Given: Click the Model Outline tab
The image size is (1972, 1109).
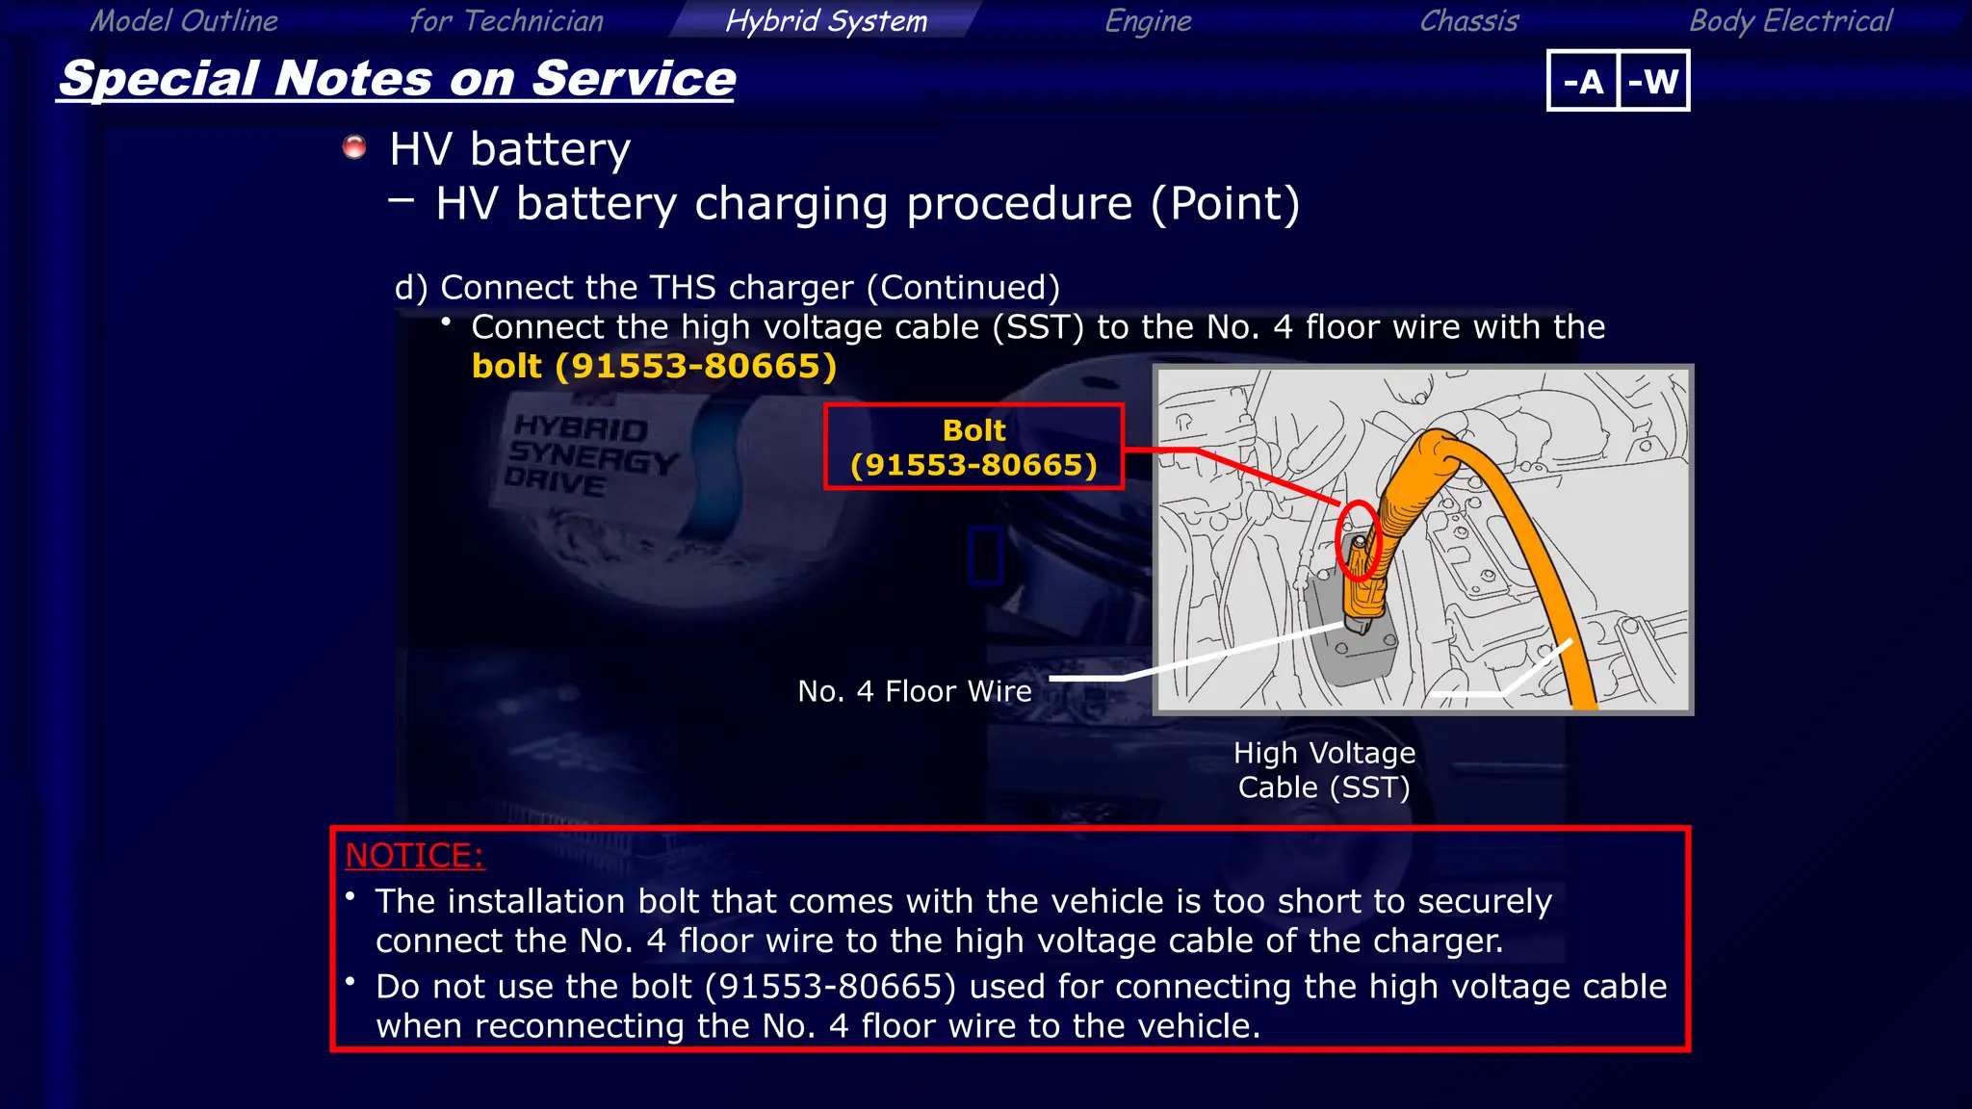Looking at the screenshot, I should coord(184,20).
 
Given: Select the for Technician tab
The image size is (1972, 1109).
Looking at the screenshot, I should coord(506,20).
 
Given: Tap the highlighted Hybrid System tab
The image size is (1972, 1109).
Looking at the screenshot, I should coord(826,20).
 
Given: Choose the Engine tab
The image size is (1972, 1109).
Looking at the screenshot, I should coord(1148,20).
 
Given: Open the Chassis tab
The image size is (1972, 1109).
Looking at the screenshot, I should coord(1469,20).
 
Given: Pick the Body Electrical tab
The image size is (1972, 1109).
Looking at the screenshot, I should coord(1791,20).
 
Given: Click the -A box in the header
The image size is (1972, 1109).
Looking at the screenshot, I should coord(1583,81).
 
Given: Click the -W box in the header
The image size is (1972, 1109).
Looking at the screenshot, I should coord(1653,81).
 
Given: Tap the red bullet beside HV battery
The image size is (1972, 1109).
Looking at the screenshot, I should coord(354,146).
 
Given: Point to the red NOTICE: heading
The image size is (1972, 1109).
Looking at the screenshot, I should coord(414,855).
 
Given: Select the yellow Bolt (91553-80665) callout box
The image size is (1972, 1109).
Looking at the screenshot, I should coord(973,447).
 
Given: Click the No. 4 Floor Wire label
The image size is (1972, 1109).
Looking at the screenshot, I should coord(914,691).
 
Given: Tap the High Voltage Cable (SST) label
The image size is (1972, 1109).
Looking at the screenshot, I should coord(1324,769).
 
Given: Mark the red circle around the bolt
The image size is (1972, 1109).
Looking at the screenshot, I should coord(1359,540).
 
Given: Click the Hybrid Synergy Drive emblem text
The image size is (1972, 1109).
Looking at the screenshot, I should coord(589,454).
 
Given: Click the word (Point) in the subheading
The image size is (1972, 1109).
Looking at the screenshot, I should coord(1225,203).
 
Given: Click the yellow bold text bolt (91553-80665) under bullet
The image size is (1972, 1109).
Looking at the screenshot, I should coord(654,366).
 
